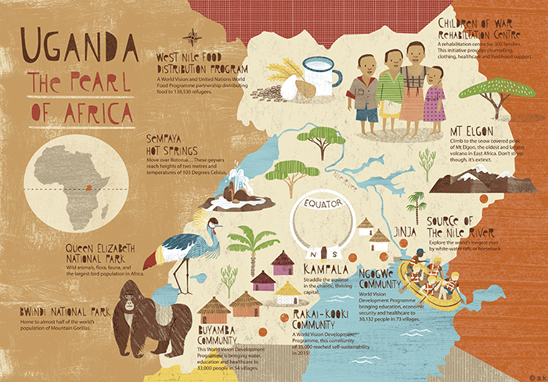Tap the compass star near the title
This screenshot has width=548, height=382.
tap(193, 36)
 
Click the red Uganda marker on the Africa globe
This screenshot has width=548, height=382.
tap(96, 188)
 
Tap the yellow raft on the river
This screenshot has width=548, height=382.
tap(430, 282)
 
